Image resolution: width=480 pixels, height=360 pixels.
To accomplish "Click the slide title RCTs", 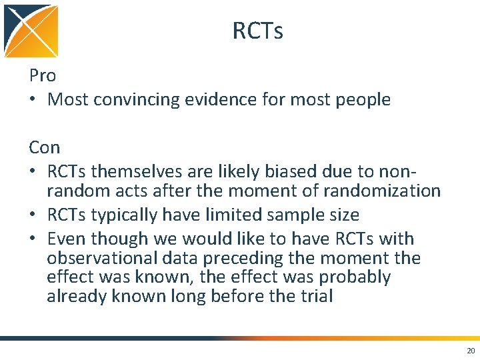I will pos(257,31).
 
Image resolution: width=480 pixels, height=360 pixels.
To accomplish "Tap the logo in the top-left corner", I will pos(31,31).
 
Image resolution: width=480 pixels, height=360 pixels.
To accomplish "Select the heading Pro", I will pos(43,75).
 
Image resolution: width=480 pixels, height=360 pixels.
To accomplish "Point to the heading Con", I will pos(45,147).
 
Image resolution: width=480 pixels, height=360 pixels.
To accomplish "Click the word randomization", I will pos(381,191).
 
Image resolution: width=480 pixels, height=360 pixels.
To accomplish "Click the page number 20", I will pos(471,350).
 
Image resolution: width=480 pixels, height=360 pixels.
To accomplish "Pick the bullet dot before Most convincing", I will pos(33,100).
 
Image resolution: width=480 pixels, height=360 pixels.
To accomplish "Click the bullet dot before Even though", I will pos(33,239).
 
